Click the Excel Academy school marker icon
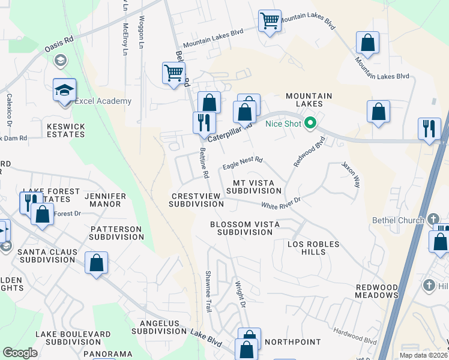tap(64, 90)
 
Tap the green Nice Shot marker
tap(310, 124)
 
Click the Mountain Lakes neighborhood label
tap(309, 100)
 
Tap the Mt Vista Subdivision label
tap(253, 187)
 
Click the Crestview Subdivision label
tap(196, 200)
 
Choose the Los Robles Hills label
tap(313, 248)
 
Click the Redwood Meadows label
tap(376, 291)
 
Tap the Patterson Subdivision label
tap(116, 233)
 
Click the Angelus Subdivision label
tap(159, 327)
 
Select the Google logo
tap(20, 353)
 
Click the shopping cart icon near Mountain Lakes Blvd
tap(270, 21)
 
